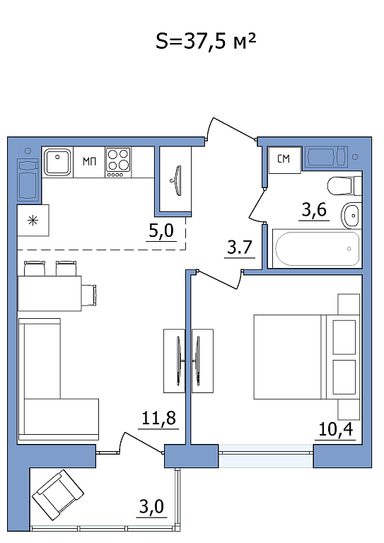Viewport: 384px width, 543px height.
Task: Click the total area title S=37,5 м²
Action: [206, 41]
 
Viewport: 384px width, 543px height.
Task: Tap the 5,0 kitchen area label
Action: [161, 230]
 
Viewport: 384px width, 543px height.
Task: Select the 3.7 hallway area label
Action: [239, 247]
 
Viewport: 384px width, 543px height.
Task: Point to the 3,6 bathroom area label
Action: [314, 209]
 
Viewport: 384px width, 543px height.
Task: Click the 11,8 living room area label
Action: [159, 418]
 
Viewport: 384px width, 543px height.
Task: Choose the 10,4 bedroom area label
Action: [335, 429]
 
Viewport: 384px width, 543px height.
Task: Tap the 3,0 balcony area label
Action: [151, 507]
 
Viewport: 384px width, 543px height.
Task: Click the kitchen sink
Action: [57, 162]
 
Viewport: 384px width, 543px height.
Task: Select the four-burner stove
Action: [118, 163]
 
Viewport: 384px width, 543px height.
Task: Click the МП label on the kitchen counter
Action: [89, 161]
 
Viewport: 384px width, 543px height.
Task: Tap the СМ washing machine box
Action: [284, 159]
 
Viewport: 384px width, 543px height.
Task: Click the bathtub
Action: [318, 249]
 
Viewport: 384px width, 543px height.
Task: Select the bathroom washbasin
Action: [351, 216]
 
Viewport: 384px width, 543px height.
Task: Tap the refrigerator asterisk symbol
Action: [33, 221]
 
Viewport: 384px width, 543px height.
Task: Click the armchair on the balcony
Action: [58, 494]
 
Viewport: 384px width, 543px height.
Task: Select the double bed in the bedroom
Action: [307, 357]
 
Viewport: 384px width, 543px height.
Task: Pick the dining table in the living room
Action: [50, 293]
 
